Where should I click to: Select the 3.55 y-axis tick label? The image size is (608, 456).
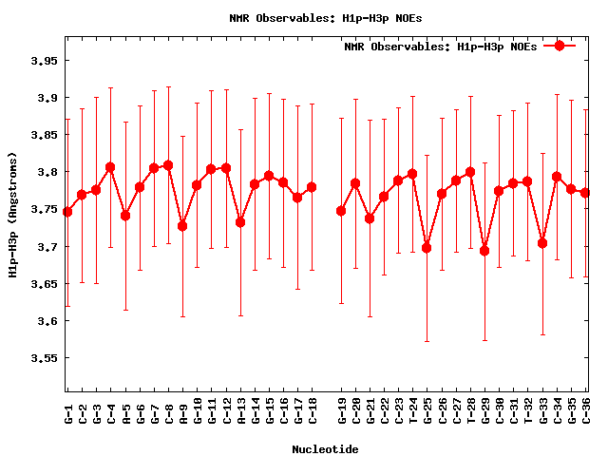pyautogui.click(x=43, y=359)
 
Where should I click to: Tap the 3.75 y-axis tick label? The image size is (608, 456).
pyautogui.click(x=43, y=210)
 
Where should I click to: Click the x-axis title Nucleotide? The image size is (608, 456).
pyautogui.click(x=325, y=448)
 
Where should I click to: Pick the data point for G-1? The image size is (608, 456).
pyautogui.click(x=67, y=212)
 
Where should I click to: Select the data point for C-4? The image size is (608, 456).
pyautogui.click(x=110, y=167)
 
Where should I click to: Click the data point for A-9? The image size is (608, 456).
pyautogui.click(x=182, y=226)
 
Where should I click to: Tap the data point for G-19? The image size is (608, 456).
pyautogui.click(x=341, y=211)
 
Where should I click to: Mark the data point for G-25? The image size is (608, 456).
pyautogui.click(x=427, y=248)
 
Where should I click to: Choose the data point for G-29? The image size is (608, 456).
pyautogui.click(x=484, y=251)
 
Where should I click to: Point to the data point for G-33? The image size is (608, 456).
pyautogui.click(x=542, y=243)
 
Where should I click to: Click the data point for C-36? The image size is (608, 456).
pyautogui.click(x=585, y=193)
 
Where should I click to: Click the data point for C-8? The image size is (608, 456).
pyautogui.click(x=168, y=165)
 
